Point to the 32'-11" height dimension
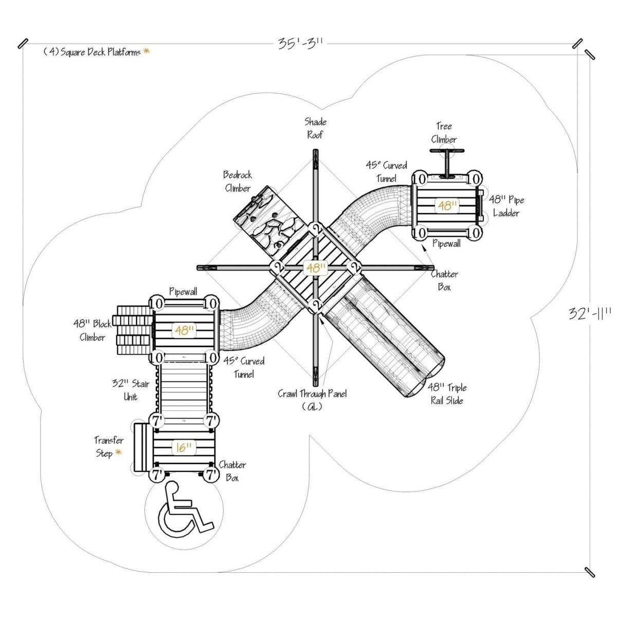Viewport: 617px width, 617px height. click(x=590, y=313)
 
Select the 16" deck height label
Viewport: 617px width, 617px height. click(x=184, y=448)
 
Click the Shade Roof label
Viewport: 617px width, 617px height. click(x=315, y=128)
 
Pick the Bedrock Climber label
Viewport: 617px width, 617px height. click(x=238, y=182)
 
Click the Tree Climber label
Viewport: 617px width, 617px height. click(x=444, y=133)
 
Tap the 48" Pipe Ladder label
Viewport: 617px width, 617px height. click(x=506, y=206)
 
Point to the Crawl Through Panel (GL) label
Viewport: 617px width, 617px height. click(x=312, y=400)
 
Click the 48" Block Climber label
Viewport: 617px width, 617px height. click(x=93, y=331)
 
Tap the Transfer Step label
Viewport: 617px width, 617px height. click(x=108, y=447)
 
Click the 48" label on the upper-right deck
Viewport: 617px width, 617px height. click(x=447, y=206)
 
